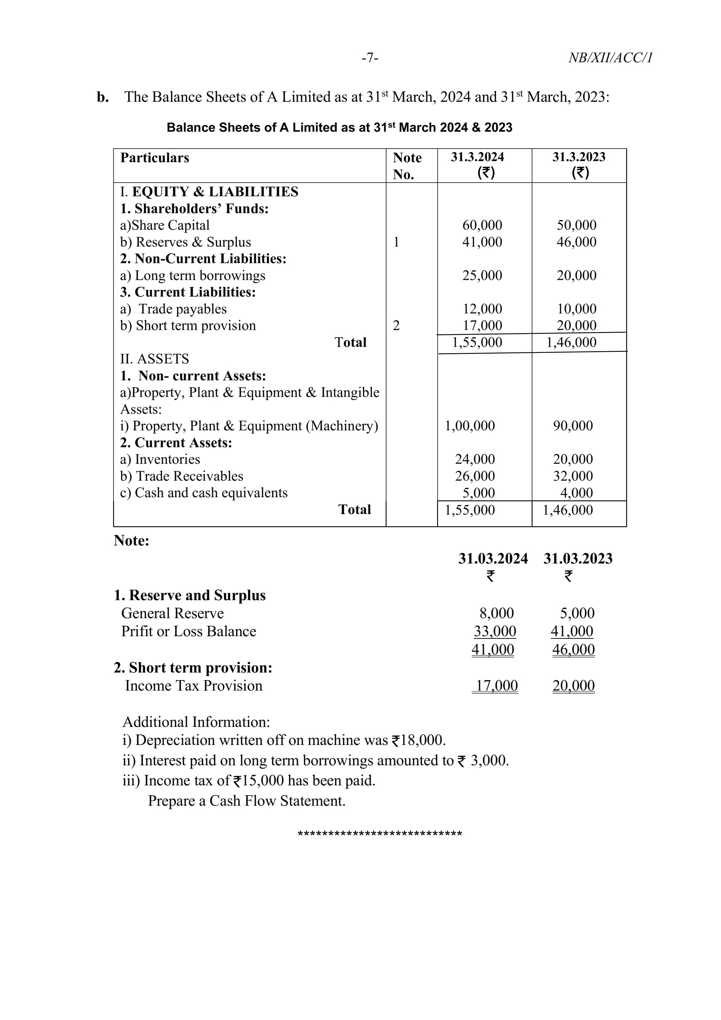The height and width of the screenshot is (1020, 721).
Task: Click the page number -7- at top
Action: (x=370, y=58)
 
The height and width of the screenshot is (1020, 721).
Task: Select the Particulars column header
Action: (x=155, y=158)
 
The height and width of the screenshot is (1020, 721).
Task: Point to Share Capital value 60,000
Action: (x=482, y=225)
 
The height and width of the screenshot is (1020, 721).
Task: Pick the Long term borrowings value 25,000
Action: (x=482, y=275)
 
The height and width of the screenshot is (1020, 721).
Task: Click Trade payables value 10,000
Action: (x=577, y=309)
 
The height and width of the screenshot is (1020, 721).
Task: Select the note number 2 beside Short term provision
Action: (x=396, y=326)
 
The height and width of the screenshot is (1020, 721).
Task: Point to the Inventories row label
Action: (x=160, y=459)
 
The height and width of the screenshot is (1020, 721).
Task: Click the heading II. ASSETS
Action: (x=155, y=359)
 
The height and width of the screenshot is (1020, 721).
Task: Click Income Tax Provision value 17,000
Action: (x=496, y=686)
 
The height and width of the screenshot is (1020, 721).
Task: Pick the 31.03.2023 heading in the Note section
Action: (x=578, y=559)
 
